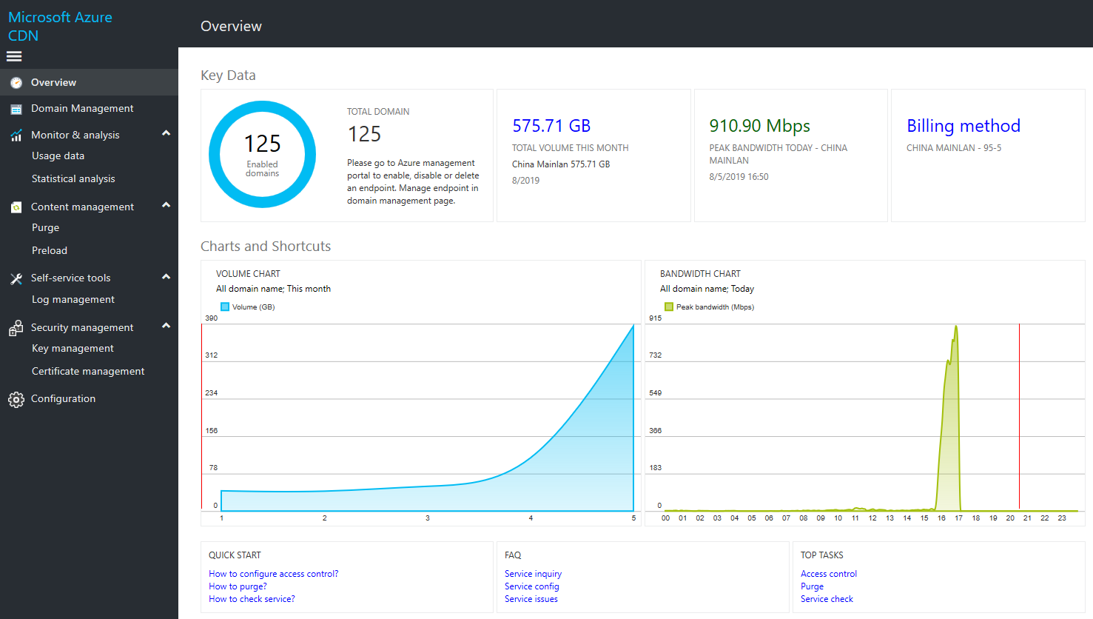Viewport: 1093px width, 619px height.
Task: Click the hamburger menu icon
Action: tap(14, 56)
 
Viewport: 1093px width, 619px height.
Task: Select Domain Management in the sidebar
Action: tap(82, 109)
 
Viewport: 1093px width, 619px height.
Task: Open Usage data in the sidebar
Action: tap(58, 156)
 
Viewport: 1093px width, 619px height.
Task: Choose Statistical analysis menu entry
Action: tap(73, 179)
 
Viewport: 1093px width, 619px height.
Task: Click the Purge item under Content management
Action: tap(45, 228)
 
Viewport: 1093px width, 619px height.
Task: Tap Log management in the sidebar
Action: tap(73, 300)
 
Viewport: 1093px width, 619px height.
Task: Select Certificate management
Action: tap(88, 372)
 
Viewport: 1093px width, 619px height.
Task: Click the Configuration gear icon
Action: tap(16, 400)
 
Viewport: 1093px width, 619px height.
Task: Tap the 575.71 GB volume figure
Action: tap(551, 126)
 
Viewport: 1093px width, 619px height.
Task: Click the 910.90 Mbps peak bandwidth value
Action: tap(759, 126)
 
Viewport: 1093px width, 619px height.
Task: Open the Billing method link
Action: tap(963, 126)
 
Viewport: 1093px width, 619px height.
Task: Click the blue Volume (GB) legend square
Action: tap(225, 307)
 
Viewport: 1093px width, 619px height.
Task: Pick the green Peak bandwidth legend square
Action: tap(669, 307)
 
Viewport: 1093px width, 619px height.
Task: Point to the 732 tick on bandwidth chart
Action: tap(655, 355)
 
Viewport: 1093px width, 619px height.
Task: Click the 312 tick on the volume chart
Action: tap(212, 355)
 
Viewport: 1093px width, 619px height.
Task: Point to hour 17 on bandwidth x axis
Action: tap(958, 518)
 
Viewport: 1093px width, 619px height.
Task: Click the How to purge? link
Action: tap(238, 586)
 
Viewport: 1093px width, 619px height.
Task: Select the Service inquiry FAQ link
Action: tap(533, 574)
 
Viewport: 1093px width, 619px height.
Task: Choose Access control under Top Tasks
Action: tap(828, 574)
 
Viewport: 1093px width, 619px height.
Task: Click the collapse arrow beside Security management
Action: tap(166, 326)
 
